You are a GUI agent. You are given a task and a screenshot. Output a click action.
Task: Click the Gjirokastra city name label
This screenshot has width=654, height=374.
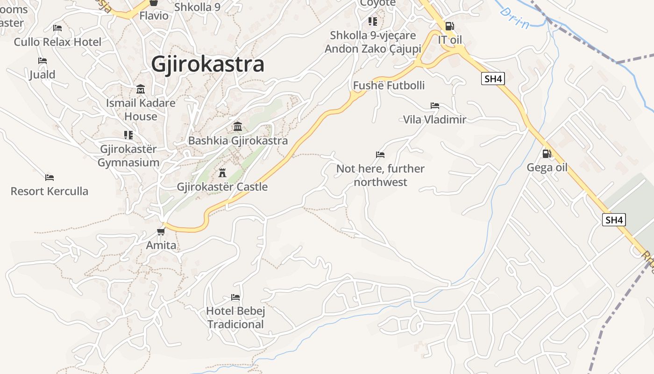pyautogui.click(x=207, y=65)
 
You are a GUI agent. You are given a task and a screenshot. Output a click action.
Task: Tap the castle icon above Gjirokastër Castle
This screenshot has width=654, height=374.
pyautogui.click(x=222, y=173)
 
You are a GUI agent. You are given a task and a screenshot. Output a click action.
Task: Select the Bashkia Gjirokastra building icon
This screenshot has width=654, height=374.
pyautogui.click(x=238, y=126)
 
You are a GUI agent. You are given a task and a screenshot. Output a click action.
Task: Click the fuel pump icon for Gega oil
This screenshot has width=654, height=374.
pyautogui.click(x=547, y=153)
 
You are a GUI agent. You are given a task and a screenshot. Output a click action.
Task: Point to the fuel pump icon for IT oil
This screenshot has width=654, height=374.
pyautogui.click(x=449, y=26)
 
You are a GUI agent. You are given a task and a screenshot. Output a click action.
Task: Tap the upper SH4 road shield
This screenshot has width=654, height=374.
pyautogui.click(x=493, y=79)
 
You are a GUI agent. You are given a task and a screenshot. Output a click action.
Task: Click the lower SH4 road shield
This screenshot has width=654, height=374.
pyautogui.click(x=613, y=220)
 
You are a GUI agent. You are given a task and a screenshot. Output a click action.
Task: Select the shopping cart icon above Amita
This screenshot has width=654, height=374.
pyautogui.click(x=161, y=231)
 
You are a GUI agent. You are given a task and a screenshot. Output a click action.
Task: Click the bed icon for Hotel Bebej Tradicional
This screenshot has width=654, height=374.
pyautogui.click(x=235, y=297)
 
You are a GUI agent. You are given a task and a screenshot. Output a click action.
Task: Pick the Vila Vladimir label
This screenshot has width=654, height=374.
pyautogui.click(x=434, y=120)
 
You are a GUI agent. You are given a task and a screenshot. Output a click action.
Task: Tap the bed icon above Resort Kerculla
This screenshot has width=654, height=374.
pyautogui.click(x=50, y=178)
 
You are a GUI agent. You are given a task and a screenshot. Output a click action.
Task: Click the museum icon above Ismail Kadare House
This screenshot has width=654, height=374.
pyautogui.click(x=141, y=89)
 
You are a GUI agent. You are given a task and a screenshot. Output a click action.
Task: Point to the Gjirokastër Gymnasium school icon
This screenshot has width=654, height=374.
pyautogui.click(x=128, y=135)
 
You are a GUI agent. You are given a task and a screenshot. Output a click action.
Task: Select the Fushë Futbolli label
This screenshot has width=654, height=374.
pyautogui.click(x=389, y=86)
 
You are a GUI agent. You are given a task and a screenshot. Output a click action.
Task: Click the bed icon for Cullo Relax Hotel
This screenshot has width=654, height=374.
pyautogui.click(x=57, y=28)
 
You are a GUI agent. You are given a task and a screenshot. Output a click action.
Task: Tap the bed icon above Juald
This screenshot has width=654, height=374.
pyautogui.click(x=43, y=61)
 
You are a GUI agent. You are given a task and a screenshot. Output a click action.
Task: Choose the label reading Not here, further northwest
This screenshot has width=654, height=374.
pyautogui.click(x=380, y=175)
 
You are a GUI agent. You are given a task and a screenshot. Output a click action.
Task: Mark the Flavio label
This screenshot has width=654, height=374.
pyautogui.click(x=154, y=15)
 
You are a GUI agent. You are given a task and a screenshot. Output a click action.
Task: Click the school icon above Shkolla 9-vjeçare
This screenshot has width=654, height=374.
pyautogui.click(x=372, y=22)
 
